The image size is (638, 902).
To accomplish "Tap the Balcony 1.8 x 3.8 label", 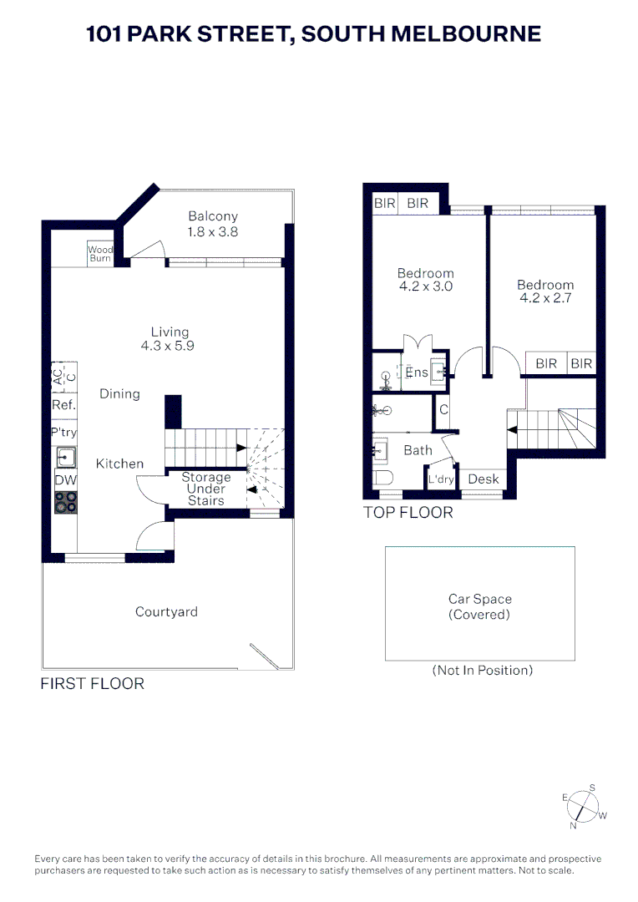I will [213, 224].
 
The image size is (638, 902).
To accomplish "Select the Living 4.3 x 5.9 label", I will [170, 338].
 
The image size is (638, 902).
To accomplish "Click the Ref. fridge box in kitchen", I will [64, 404].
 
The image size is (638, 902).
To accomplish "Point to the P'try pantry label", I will [64, 433].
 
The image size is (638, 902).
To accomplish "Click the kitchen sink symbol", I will [65, 457].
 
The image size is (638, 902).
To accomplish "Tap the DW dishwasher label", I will [64, 480].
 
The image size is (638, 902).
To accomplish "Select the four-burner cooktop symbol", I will [65, 502].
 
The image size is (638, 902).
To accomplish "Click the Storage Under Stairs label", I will [205, 489].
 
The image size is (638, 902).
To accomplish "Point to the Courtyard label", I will [167, 612].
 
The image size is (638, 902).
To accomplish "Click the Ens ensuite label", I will [417, 372].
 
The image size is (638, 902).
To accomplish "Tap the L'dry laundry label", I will [440, 480].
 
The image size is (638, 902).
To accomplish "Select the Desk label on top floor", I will [484, 479].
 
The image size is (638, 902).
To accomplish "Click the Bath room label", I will [418, 450].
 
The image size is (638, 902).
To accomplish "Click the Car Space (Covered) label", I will [480, 606].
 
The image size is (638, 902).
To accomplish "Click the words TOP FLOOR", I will [408, 513].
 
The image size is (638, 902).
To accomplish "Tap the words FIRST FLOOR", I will [93, 684].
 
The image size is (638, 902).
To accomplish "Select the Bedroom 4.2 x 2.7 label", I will [545, 291].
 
